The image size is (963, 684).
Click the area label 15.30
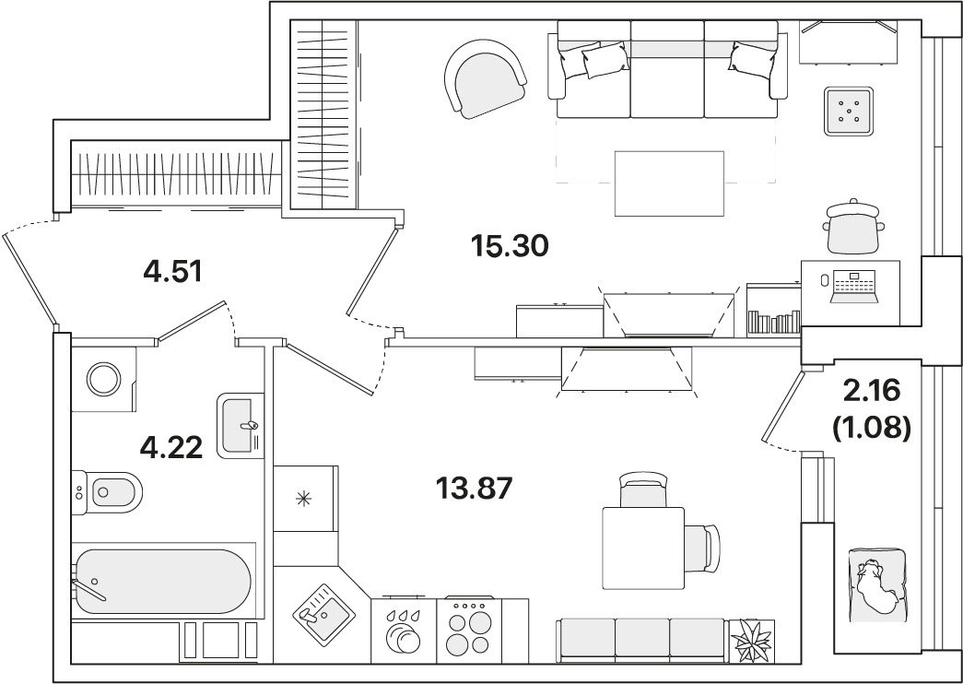coord(509,246)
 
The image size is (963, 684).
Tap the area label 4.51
coord(172,270)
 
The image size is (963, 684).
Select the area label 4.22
coord(171,447)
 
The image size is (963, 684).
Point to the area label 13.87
coord(474,489)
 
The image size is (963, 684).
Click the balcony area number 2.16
coord(872,389)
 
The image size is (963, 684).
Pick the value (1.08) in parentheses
coord(871,428)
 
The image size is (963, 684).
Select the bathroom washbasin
coord(241,426)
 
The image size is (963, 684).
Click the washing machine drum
coord(104,379)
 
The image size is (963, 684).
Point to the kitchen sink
coord(323,615)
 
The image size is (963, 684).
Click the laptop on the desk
coord(853,287)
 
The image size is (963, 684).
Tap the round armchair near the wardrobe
coord(485,78)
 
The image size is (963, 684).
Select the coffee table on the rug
coord(669,183)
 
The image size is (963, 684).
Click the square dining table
coord(643,548)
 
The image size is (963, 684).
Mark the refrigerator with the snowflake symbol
coord(305,499)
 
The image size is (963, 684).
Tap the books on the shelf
coord(774,322)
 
